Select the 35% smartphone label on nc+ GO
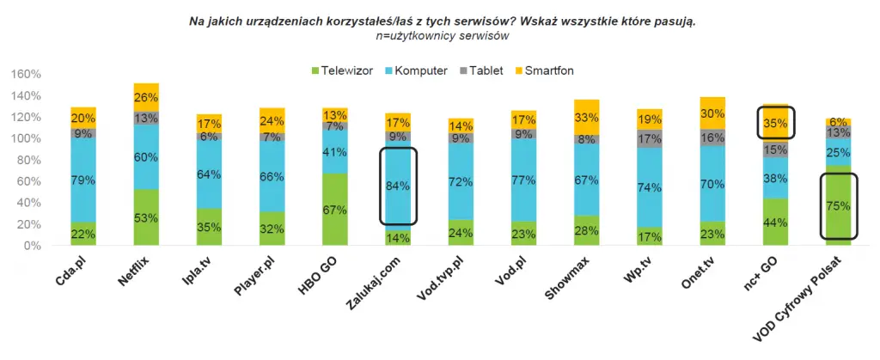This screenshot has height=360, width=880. coord(774,122)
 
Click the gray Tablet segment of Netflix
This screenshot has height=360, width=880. coord(146,119)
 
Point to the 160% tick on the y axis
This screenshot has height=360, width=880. coord(27,74)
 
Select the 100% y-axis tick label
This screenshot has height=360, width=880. coord(27,138)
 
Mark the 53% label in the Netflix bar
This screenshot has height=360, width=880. coord(146,217)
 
